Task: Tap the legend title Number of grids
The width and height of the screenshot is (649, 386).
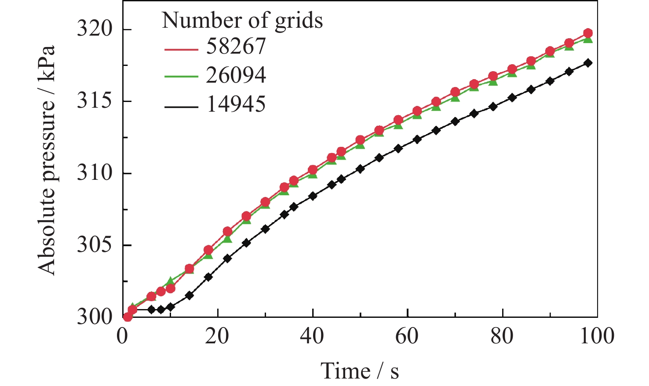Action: point(242,20)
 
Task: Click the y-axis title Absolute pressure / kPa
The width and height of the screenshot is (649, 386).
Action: point(47,160)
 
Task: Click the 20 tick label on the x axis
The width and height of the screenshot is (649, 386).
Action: point(217,337)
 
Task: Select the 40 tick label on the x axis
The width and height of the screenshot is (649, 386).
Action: point(313,337)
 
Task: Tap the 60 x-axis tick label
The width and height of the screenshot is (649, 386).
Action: point(408,337)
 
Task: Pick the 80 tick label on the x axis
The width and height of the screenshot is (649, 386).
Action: point(503,337)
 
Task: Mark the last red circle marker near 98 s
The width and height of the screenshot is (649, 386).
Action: point(588,33)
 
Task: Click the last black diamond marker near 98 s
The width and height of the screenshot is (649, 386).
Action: point(588,63)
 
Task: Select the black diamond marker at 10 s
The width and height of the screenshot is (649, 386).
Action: point(170,307)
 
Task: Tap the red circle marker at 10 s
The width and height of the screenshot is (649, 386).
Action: point(170,289)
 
